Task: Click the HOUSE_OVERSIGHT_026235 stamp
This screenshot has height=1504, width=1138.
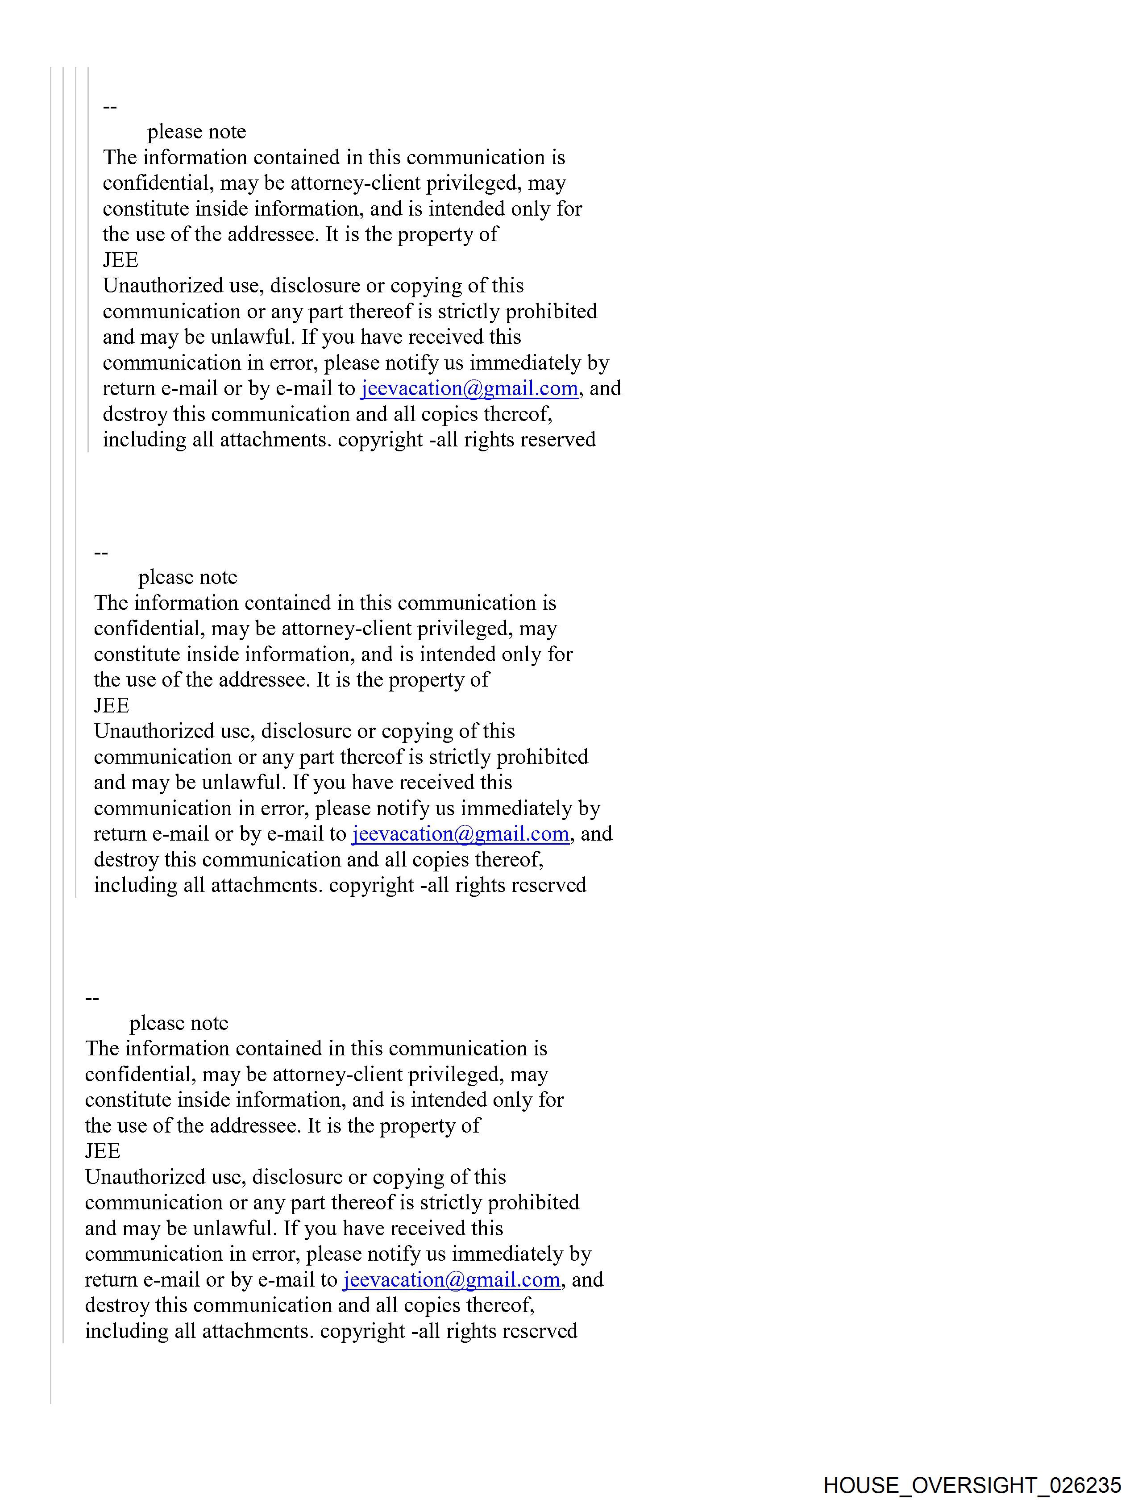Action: coord(972,1485)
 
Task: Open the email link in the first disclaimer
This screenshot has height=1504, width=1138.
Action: coord(469,388)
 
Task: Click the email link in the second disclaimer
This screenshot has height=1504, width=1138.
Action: coord(460,833)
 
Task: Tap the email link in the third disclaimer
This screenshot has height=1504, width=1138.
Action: coord(451,1279)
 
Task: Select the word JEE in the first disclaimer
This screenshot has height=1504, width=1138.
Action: coord(120,260)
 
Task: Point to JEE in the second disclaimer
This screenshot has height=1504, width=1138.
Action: coord(112,705)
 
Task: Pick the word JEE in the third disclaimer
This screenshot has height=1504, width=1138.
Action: coord(103,1151)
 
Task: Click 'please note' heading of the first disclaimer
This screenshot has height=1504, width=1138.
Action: coord(196,131)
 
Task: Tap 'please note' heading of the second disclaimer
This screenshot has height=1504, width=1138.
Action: coord(187,577)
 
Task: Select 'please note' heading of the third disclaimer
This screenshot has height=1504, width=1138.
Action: coord(179,1023)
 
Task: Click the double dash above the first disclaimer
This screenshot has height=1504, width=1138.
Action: coord(109,107)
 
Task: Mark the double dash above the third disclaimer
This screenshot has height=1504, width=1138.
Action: coord(92,998)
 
